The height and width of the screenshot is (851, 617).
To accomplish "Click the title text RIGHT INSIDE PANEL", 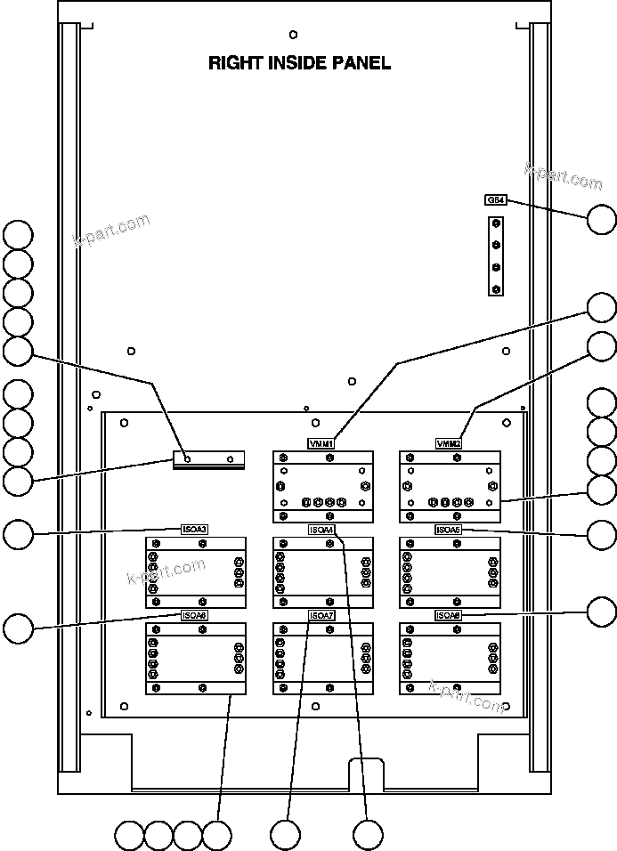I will [x=299, y=63].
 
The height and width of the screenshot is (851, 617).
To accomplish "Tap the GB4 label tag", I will [x=496, y=200].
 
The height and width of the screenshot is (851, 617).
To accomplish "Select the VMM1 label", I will [x=321, y=443].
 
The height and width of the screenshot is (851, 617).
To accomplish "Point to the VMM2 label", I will [x=448, y=443].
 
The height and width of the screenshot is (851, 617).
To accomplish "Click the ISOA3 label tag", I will [x=194, y=530].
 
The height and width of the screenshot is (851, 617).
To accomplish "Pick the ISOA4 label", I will [x=321, y=530].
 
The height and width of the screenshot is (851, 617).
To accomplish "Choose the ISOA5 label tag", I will [x=448, y=530].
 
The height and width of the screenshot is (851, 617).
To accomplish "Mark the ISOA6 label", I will [x=194, y=615].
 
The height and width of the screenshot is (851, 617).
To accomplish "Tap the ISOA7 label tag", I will [x=321, y=615].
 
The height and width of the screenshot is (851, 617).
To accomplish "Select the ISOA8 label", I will [x=448, y=615].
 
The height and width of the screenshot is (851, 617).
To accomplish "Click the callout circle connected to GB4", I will [x=602, y=218].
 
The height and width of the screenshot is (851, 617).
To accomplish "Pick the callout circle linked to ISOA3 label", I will [x=18, y=534].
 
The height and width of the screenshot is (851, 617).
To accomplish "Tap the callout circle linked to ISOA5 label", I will [x=602, y=534].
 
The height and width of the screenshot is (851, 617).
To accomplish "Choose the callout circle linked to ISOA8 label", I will [x=602, y=612].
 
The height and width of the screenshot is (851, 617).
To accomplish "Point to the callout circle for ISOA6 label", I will [x=18, y=628].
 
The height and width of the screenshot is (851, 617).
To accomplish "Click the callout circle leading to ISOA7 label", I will [x=286, y=835].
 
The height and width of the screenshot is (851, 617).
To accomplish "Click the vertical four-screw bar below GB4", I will [x=497, y=255].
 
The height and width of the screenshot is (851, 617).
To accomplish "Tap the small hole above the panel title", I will [x=294, y=35].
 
